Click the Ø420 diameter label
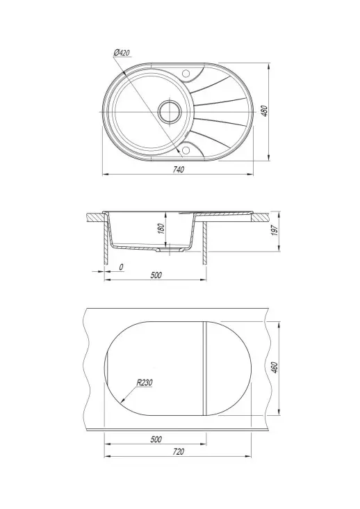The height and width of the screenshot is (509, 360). coord(122,53)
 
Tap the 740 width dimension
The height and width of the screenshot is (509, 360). coord(179,170)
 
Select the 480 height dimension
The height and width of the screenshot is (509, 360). coord(265,111)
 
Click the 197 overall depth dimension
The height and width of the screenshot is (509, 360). coord(275,231)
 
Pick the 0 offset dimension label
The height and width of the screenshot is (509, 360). coord(121,267)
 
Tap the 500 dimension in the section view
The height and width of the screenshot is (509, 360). coord(156,275)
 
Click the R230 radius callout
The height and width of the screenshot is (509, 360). coord(144,382)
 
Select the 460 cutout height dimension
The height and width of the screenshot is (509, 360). coord(275,367)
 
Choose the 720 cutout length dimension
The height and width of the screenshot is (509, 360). coord(179,451)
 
